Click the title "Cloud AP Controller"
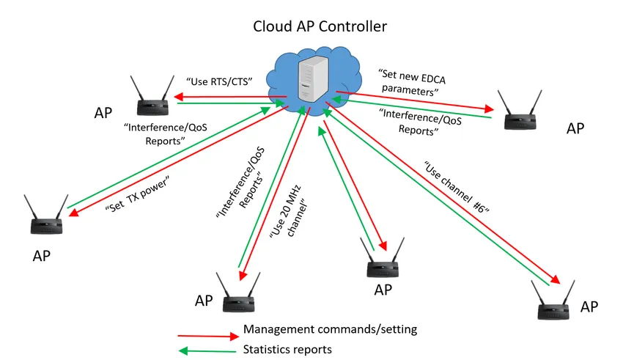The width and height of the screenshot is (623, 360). [320, 26]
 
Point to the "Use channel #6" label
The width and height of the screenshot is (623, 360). [455, 186]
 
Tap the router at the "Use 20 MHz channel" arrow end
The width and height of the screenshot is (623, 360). [237, 293]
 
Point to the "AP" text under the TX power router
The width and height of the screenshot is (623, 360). [43, 256]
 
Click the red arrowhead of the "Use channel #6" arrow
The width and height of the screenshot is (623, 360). [558, 282]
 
